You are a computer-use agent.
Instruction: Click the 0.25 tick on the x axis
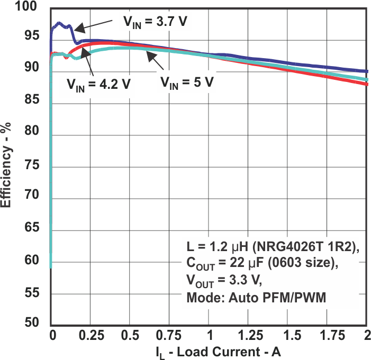click(89, 337)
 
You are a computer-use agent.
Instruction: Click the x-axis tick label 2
click(366, 337)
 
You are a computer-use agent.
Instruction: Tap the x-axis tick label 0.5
click(129, 337)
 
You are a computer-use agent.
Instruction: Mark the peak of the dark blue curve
click(58, 23)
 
